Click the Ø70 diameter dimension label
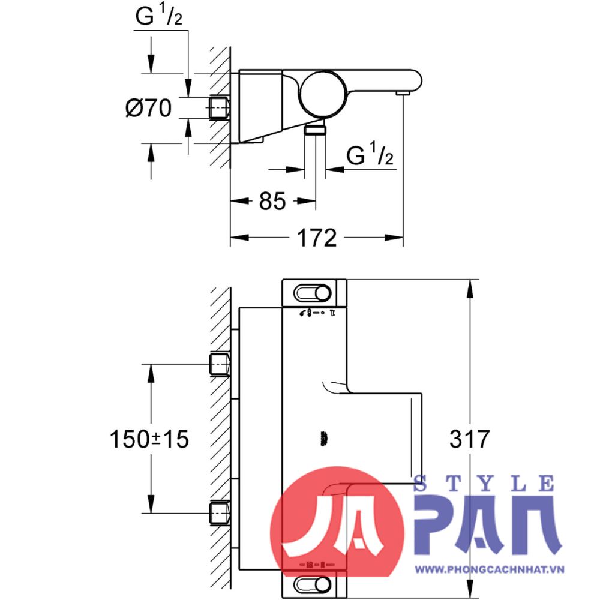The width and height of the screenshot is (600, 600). pyautogui.click(x=148, y=109)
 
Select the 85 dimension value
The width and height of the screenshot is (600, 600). pyautogui.click(x=272, y=202)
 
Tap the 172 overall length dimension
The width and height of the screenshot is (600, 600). pyautogui.click(x=316, y=238)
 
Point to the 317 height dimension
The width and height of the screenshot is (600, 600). pyautogui.click(x=470, y=439)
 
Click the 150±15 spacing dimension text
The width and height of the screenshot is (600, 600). pyautogui.click(x=149, y=439)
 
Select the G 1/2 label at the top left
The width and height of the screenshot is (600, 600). pyautogui.click(x=158, y=18)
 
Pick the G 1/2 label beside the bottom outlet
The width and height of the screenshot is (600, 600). pyautogui.click(x=370, y=157)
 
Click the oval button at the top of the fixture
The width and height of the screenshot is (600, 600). pyautogui.click(x=313, y=293)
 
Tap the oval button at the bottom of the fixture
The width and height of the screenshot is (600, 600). pyautogui.click(x=313, y=584)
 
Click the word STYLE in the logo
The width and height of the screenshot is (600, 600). pyautogui.click(x=484, y=483)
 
